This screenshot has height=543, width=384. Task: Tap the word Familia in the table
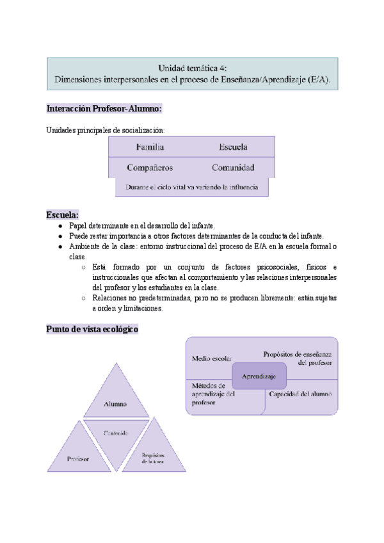point(150,147)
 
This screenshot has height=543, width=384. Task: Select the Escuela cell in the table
point(233,147)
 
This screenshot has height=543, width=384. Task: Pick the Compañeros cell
point(150,168)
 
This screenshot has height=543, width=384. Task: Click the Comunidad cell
point(233,168)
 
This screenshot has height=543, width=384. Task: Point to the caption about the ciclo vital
point(192,187)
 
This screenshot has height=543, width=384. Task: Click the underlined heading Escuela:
point(63,215)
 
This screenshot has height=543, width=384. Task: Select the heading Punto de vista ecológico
point(92,329)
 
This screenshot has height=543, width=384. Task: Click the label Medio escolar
point(212,359)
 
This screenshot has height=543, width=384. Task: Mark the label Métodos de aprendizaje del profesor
point(214,394)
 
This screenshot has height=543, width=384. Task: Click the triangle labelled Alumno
point(116,397)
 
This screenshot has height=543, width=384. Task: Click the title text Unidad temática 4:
point(193,67)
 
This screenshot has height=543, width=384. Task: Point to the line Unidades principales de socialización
point(106,130)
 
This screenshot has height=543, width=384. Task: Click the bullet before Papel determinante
point(60,226)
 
